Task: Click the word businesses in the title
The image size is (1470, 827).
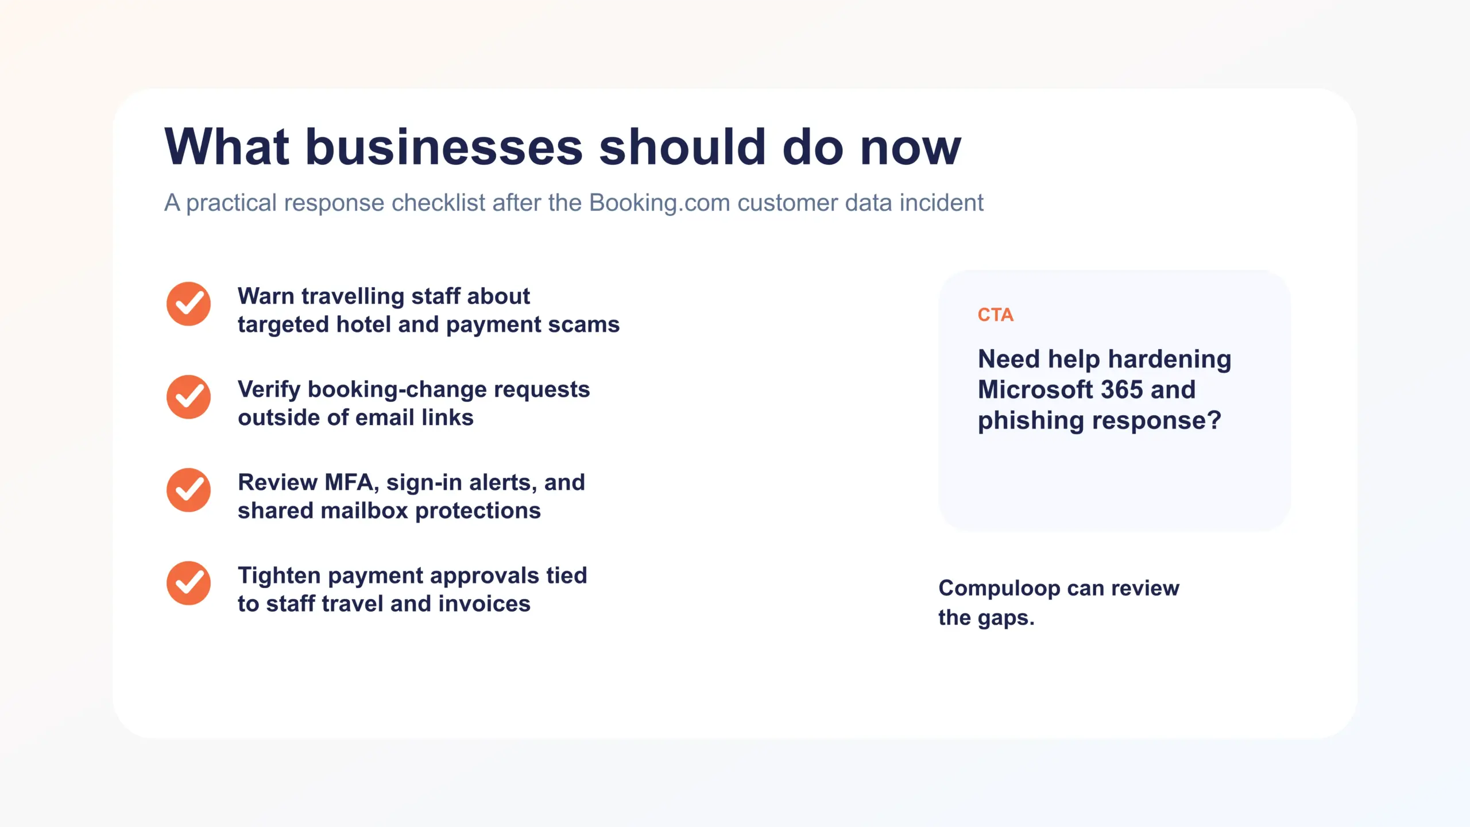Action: [444, 147]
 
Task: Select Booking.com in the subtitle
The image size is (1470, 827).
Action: [660, 203]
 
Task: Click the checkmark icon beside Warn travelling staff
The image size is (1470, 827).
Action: [188, 304]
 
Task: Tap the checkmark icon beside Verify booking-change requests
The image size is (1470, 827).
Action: [188, 397]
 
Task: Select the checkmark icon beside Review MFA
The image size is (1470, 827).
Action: [188, 490]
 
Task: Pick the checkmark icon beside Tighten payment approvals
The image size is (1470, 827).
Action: [188, 583]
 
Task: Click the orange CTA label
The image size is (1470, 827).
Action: [995, 315]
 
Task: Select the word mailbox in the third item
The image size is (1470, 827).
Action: [363, 511]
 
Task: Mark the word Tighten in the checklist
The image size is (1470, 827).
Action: [279, 575]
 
